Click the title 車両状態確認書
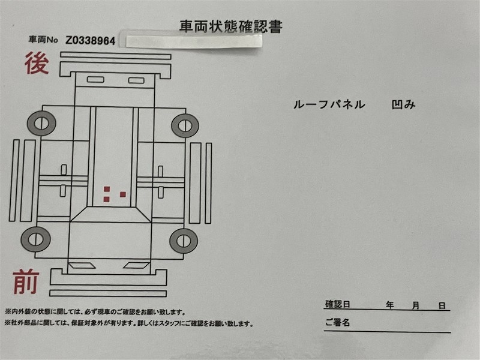230,26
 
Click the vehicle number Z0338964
91,40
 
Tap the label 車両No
43,40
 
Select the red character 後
37,63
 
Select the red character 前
26,282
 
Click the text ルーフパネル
329,104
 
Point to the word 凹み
403,104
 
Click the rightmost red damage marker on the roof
123,194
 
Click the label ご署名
337,322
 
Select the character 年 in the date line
389,305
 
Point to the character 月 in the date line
415,305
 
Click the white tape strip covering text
193,41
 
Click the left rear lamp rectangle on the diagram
95,80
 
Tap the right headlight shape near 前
137,265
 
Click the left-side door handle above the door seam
64,170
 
